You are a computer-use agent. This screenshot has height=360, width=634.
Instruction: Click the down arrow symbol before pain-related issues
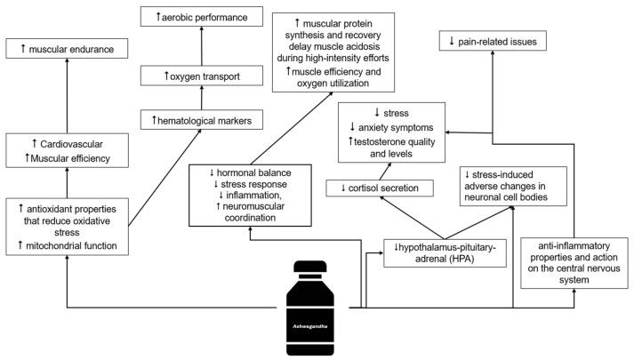[x=453, y=42]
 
